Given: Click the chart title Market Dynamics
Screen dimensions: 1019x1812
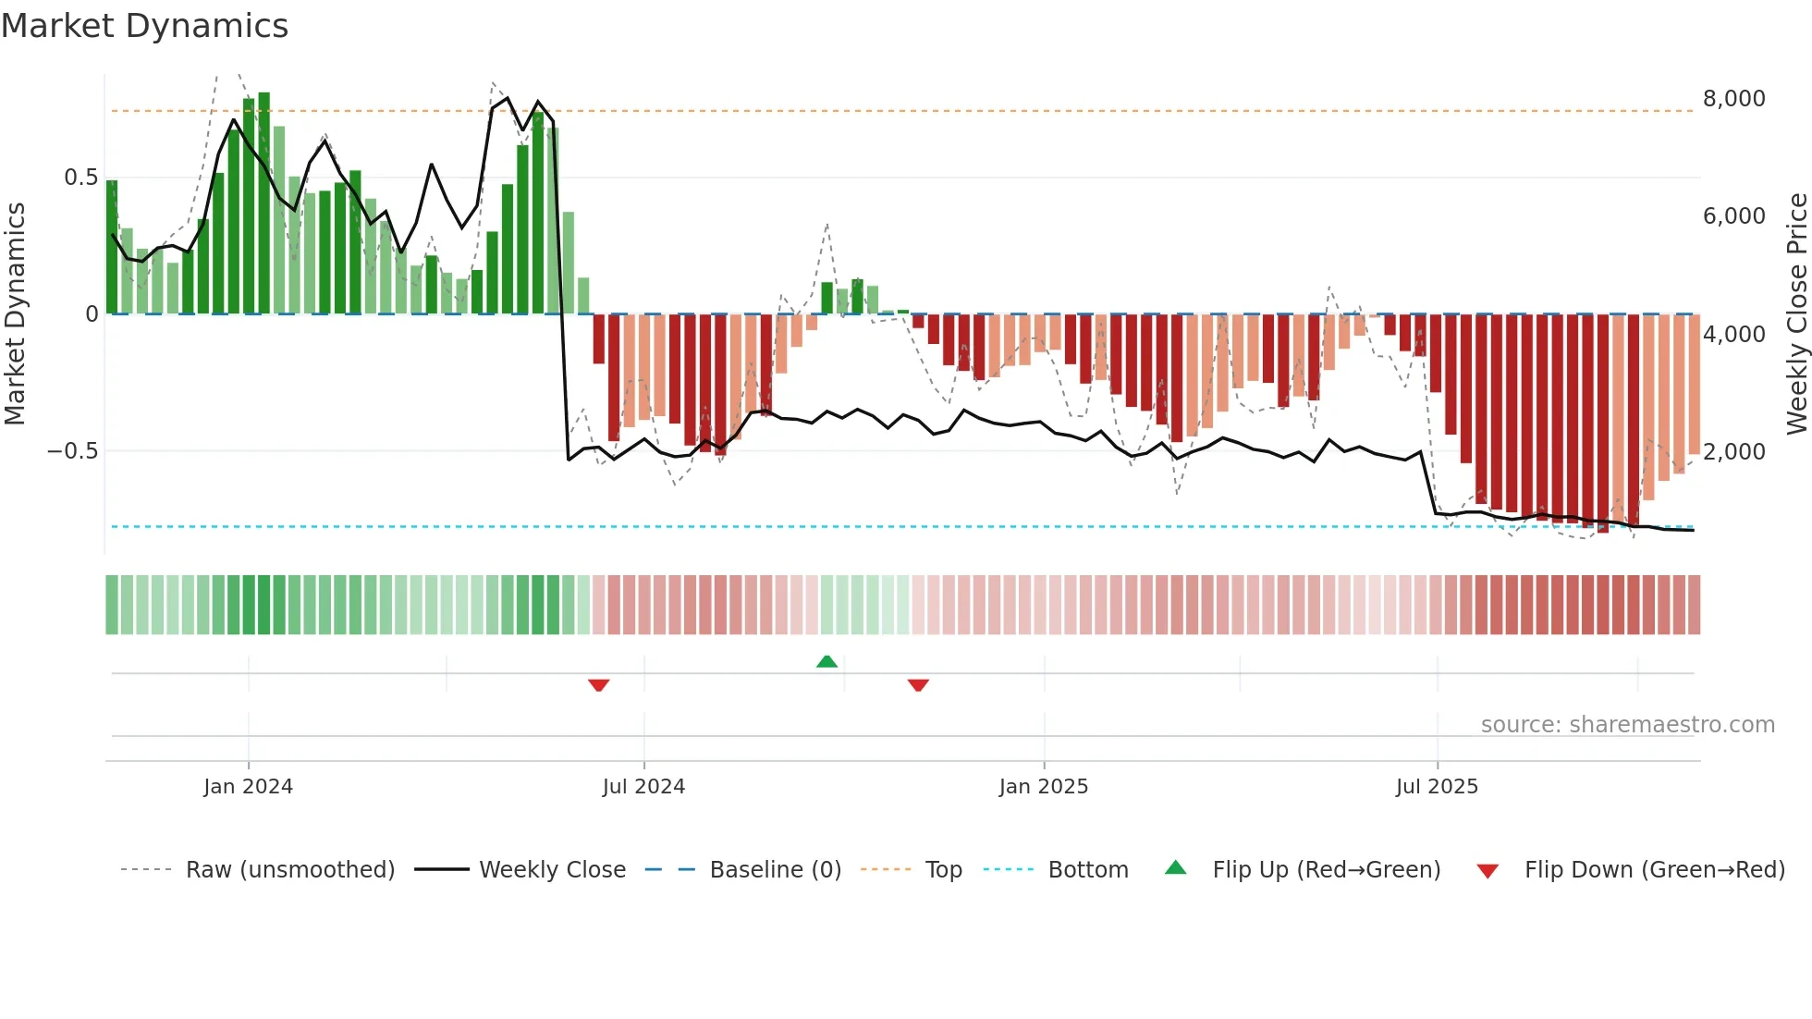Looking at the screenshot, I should (x=145, y=26).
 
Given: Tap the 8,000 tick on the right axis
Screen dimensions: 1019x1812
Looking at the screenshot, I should (x=1733, y=99).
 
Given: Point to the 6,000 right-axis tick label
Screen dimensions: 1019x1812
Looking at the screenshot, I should (x=1733, y=216).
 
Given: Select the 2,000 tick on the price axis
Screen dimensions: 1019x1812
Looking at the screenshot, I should (x=1733, y=452).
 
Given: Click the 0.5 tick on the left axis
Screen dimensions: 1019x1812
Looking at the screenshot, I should (x=80, y=178).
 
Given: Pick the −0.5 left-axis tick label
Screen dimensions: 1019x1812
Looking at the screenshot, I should (x=72, y=451).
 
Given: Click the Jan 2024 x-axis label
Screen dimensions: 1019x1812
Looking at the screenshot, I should (x=248, y=787).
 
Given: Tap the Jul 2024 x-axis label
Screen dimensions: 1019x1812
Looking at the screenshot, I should (x=643, y=787).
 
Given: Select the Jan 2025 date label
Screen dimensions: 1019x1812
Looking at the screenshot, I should (x=1044, y=787).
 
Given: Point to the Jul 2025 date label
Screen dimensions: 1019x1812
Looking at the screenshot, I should (x=1437, y=787).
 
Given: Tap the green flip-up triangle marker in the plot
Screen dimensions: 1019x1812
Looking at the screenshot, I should (x=827, y=662).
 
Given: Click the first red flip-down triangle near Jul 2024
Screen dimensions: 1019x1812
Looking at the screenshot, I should (x=599, y=685).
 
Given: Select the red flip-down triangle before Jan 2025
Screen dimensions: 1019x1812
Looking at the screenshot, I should (x=918, y=685).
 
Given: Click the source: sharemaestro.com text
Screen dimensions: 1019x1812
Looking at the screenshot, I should (x=1627, y=725).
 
